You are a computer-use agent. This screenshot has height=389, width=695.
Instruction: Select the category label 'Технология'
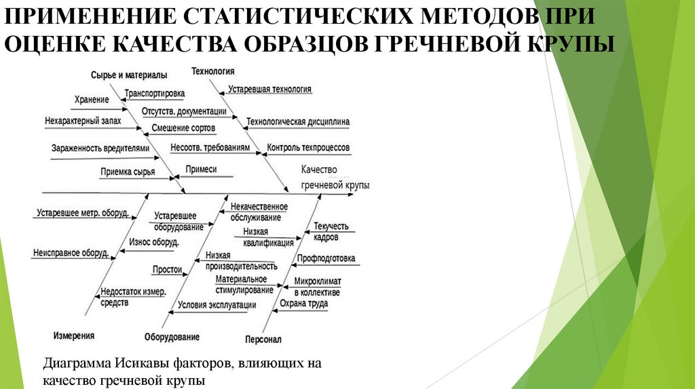point(213,70)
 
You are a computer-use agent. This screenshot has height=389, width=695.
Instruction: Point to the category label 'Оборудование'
point(172,337)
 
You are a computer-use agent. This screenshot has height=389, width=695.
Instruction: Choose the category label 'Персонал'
point(261,339)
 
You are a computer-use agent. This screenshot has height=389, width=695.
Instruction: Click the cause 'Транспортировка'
point(154,94)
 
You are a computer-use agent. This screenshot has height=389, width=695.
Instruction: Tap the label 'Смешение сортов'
point(183,127)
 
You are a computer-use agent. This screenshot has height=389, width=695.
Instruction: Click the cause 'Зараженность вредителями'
point(98,147)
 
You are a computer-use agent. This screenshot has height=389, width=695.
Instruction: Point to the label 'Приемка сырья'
point(128,172)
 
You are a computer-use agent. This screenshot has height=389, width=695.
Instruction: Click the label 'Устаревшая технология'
point(269,89)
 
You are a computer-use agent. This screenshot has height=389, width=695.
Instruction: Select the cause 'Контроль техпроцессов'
point(308,147)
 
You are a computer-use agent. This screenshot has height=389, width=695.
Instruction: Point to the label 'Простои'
point(167,269)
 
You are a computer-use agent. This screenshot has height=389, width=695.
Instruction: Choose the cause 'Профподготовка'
point(325,259)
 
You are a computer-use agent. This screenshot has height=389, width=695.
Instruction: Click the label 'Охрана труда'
point(304,304)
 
